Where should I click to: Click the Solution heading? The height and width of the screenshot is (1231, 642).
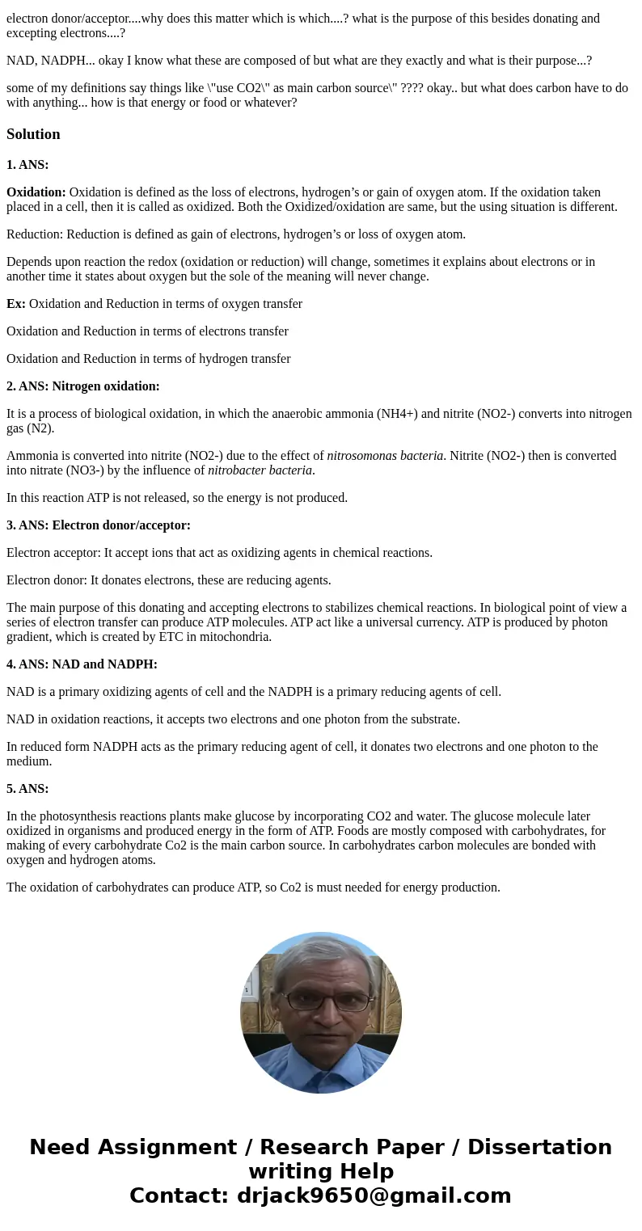point(33,134)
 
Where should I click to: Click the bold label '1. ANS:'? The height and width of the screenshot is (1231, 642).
point(27,165)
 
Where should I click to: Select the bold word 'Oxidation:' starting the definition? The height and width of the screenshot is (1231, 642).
point(36,192)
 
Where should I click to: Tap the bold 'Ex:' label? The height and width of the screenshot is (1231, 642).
point(16,304)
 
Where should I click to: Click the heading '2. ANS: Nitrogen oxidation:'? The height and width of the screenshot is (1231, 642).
point(83,386)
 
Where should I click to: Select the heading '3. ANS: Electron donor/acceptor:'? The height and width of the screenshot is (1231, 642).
point(99,525)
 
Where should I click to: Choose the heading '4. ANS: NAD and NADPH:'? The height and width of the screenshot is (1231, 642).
point(82,664)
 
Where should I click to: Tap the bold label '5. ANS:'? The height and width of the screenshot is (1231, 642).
point(27,789)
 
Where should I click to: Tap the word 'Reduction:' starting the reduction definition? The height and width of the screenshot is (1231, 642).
point(35,234)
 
